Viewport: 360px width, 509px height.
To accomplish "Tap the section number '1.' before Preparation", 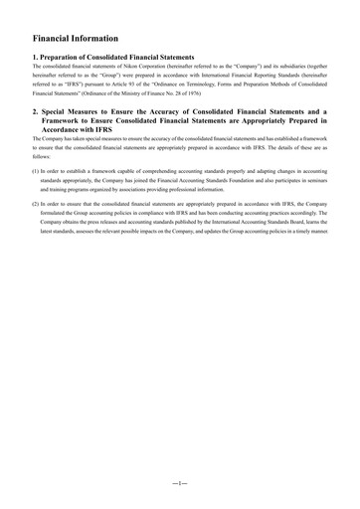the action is tap(36, 58).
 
